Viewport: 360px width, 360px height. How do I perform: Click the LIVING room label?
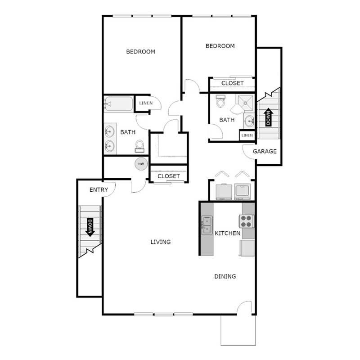coord(161,242)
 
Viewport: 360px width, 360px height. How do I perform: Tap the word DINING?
coord(225,276)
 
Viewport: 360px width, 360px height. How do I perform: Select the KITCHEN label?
coord(227,233)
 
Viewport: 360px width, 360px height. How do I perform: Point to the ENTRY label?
coord(99,190)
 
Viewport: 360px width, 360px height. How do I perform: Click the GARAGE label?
coord(265,151)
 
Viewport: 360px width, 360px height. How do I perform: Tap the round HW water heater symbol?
coord(141,163)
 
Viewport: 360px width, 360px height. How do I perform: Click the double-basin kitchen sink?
coord(207,225)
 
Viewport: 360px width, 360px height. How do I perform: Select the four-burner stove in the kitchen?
coord(246,221)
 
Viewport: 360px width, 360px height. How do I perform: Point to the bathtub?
coord(119,104)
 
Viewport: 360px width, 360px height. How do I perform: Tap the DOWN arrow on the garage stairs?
coord(269,118)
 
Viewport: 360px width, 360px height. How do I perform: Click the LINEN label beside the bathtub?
coord(146,103)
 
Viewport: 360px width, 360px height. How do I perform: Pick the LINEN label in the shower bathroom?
coord(247,135)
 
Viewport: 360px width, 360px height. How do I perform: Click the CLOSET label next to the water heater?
coord(169,176)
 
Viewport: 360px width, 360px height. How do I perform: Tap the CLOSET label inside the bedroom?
coord(232,83)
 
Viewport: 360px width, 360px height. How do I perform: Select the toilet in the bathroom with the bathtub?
coord(139,145)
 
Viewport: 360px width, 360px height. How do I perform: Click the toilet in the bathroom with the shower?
coord(220,102)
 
